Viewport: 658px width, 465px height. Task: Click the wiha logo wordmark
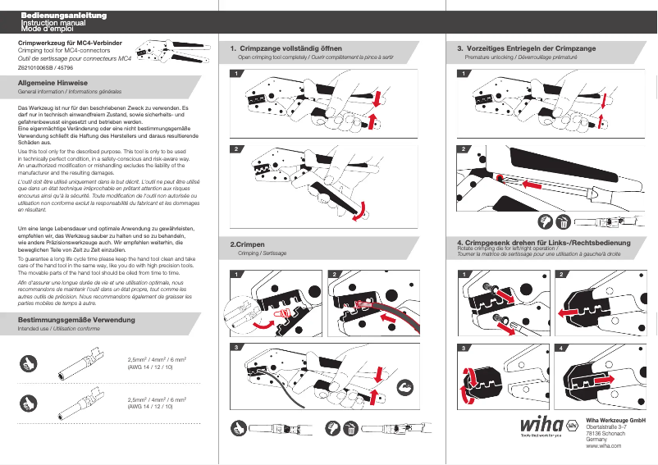541,426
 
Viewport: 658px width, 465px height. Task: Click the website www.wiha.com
602,446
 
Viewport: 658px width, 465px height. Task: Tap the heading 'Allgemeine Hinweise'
53,84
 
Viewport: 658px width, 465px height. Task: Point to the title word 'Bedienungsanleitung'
57,16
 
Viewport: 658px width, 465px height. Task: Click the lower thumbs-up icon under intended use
30,403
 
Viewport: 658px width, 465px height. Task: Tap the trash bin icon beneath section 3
564,221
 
